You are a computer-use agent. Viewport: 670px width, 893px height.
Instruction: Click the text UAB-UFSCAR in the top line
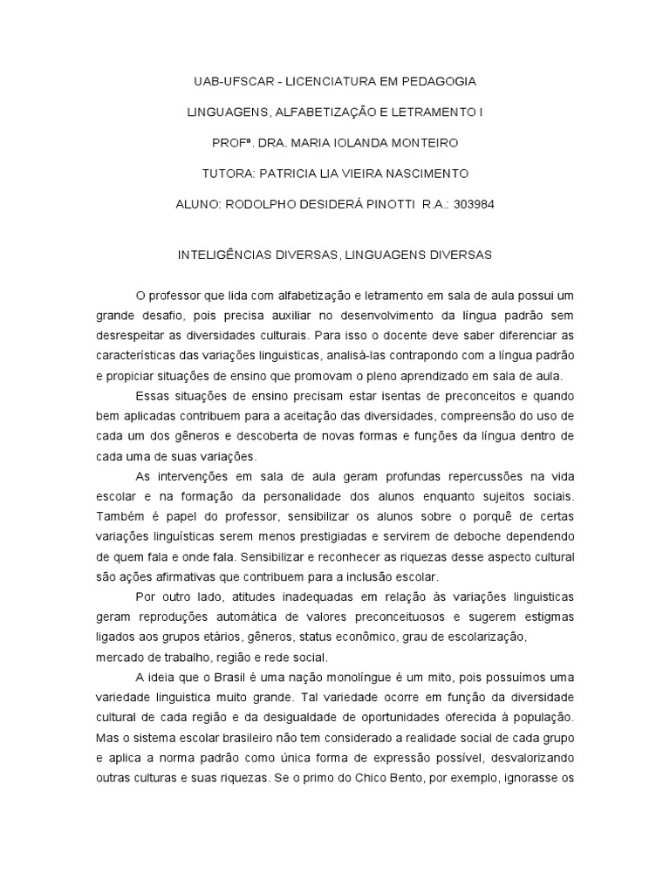tap(229, 81)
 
